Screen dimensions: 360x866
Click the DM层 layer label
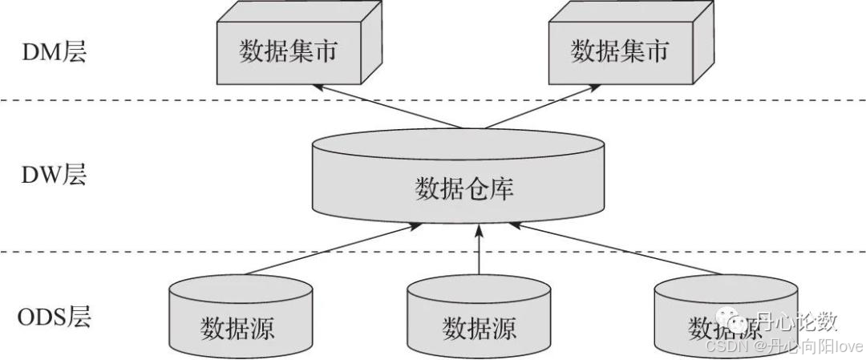[x=54, y=54]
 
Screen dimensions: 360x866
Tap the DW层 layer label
[x=54, y=176]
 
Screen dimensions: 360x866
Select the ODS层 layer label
[x=55, y=317]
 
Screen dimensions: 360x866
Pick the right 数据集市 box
[x=619, y=53]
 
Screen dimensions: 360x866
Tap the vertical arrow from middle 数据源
[x=479, y=253]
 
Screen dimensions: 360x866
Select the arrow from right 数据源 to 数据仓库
[x=617, y=250]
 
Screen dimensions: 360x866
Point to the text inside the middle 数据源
[x=479, y=328]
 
